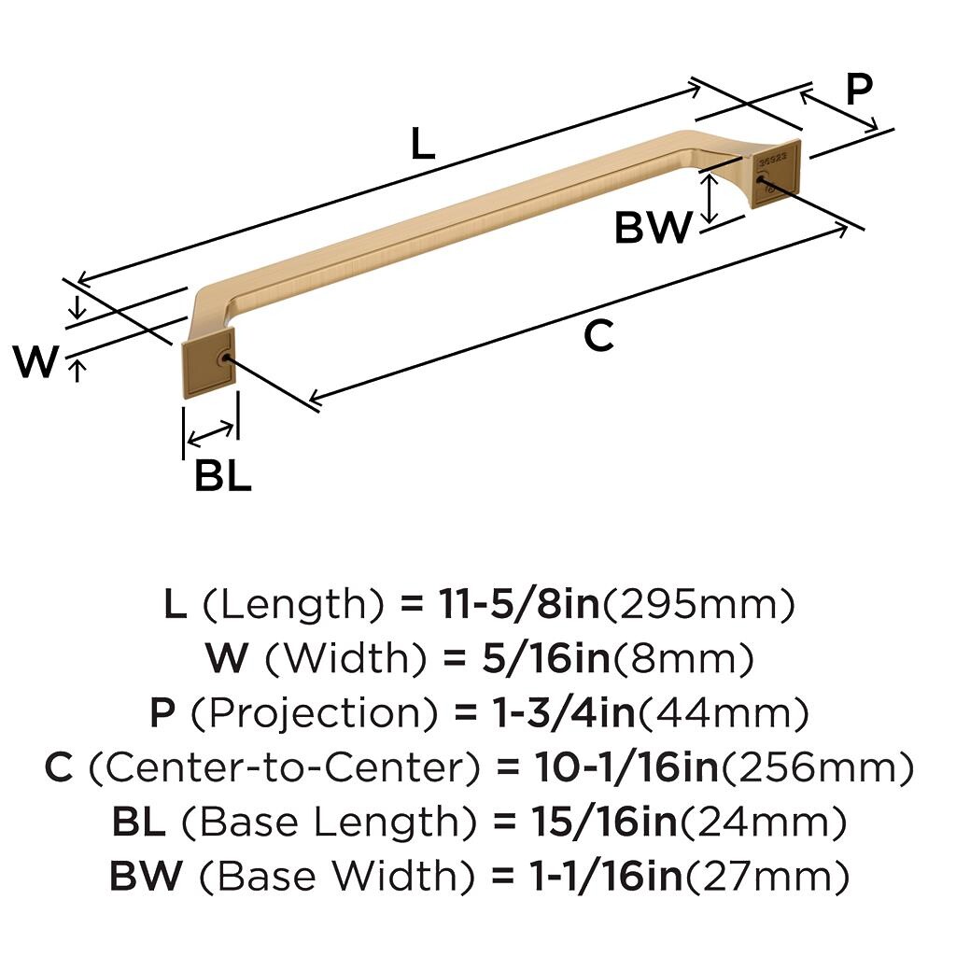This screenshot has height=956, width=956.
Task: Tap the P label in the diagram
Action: coord(858,91)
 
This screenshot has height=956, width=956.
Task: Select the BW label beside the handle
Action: coord(654,227)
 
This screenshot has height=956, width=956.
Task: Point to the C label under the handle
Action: coord(598,335)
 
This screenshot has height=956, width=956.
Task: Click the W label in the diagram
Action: coord(36,362)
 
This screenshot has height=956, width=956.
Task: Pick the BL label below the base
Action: coord(223,476)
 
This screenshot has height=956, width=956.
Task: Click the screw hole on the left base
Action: coord(222,358)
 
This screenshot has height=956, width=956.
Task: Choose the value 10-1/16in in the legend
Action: coord(626,768)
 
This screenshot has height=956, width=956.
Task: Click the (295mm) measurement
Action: coord(700,605)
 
